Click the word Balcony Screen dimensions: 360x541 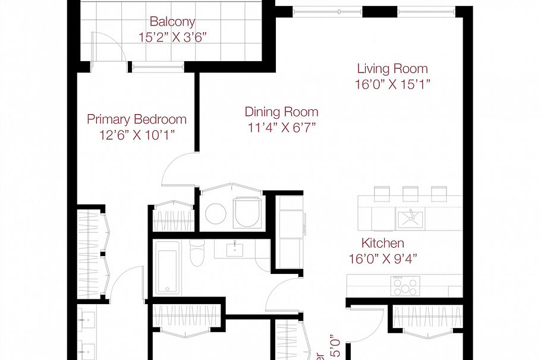click(x=172, y=22)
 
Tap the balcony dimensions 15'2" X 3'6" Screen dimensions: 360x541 click(x=172, y=37)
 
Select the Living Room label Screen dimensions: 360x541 click(x=392, y=68)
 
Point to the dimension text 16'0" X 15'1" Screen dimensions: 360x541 click(x=392, y=84)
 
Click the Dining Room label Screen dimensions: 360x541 click(x=281, y=112)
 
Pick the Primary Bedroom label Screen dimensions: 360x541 click(x=137, y=119)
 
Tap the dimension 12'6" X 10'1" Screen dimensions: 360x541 click(x=137, y=135)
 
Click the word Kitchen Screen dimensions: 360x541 click(x=383, y=243)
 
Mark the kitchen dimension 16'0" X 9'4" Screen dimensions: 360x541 click(x=383, y=259)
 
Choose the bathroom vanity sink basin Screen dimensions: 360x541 click(x=236, y=247)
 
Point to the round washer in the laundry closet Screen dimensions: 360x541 click(x=215, y=214)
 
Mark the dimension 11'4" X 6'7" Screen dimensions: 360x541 click(x=281, y=127)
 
